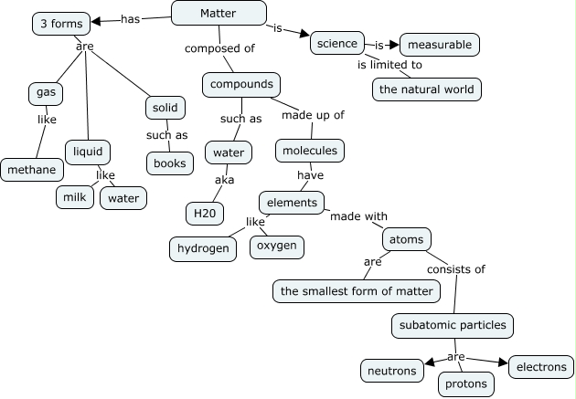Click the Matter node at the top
tap(219, 13)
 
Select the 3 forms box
tap(62, 24)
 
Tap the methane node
tap(33, 170)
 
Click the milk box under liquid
tap(74, 197)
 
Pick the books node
tap(169, 163)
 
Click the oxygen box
tap(276, 247)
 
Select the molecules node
tap(309, 151)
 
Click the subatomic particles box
tap(452, 324)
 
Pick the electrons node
tap(540, 367)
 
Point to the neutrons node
tap(391, 370)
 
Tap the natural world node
tap(426, 89)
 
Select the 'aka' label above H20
tap(224, 180)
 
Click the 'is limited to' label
tap(389, 65)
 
